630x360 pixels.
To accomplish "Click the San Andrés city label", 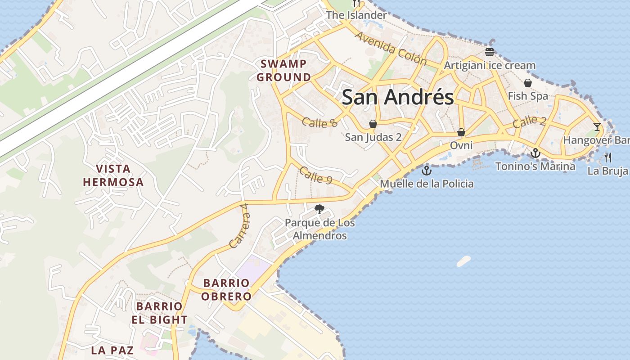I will pos(398,98).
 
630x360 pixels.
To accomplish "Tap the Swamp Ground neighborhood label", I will pos(283,71).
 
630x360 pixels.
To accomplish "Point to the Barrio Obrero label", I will pos(226,290).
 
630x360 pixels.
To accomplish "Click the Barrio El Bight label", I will pos(159,313).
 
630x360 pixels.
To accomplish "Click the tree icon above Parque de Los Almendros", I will pos(319,209).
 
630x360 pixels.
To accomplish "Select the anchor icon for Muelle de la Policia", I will pos(426,171).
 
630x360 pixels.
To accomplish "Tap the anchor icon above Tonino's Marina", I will pos(535,153).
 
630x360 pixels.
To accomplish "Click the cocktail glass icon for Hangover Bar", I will pos(597,127).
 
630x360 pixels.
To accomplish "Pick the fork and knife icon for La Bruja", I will pos(608,157).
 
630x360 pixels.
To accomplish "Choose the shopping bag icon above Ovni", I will pos(461,132).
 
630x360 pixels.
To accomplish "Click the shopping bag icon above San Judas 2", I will pos(373,124).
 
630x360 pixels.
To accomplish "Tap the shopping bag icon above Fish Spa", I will pos(528,83).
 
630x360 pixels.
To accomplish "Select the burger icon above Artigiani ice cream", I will pos(490,52).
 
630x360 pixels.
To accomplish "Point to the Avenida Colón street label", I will pos(390,48).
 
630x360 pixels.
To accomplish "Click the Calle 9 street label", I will pos(315,175).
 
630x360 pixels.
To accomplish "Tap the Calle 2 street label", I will pos(529,121).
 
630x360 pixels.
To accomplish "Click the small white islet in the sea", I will pos(463,261).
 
